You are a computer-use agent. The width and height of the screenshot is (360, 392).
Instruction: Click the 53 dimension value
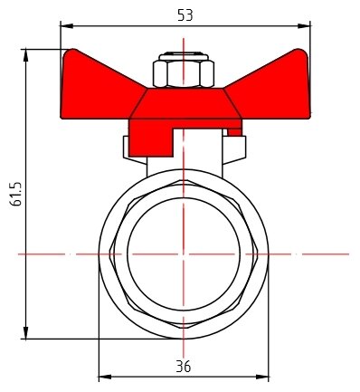point(185,14)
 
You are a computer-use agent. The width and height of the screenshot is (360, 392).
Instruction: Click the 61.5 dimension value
point(15,194)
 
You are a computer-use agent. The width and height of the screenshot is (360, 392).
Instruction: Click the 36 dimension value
point(184,367)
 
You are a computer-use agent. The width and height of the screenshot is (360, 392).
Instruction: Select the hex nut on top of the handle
point(184,74)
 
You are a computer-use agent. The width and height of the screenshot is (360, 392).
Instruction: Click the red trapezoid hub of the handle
point(185,103)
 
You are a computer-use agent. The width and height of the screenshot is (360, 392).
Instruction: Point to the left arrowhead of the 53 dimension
point(67,26)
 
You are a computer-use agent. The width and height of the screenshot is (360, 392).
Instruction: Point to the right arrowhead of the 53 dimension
point(304,26)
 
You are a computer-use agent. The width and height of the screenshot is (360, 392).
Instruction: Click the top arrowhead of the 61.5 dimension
point(26,55)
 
